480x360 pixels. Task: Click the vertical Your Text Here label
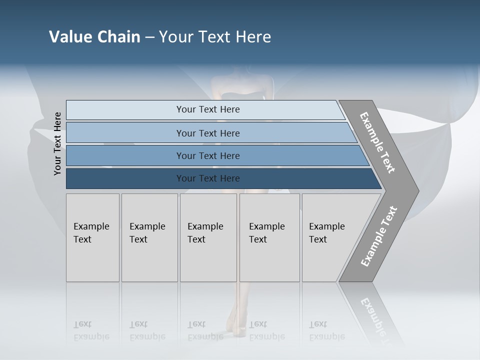pyautogui.click(x=57, y=143)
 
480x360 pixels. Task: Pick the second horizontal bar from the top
pyautogui.click(x=208, y=133)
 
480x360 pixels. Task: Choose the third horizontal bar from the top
pyautogui.click(x=208, y=155)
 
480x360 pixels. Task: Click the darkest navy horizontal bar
pyautogui.click(x=208, y=178)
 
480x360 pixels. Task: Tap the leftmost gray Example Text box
pyautogui.click(x=92, y=237)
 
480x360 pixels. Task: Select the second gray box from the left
pyautogui.click(x=149, y=237)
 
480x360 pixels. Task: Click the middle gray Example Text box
pyautogui.click(x=208, y=237)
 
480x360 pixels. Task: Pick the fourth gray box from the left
pyautogui.click(x=269, y=237)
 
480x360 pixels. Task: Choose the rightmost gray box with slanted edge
pyautogui.click(x=330, y=237)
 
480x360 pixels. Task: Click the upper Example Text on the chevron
pyautogui.click(x=377, y=143)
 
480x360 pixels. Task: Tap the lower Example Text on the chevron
pyautogui.click(x=379, y=236)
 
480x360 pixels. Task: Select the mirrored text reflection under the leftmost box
pyautogui.click(x=91, y=330)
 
